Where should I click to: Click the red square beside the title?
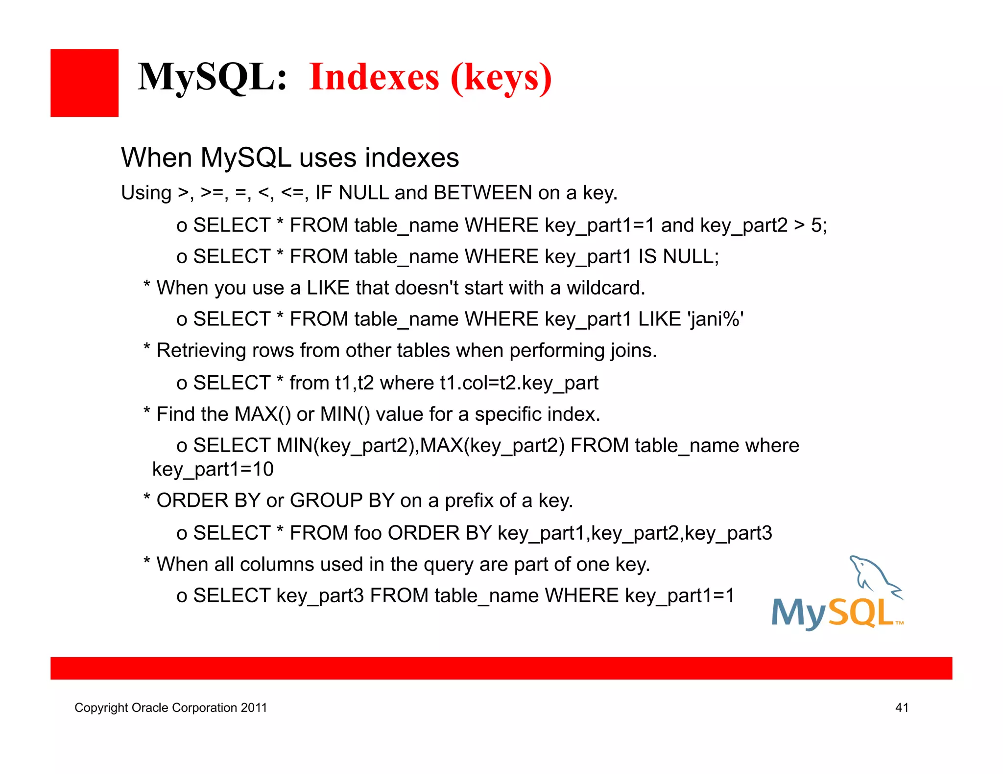click(x=84, y=83)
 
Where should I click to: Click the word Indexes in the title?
click(x=374, y=77)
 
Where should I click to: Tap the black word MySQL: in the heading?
click(x=212, y=77)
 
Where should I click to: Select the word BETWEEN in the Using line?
click(x=482, y=193)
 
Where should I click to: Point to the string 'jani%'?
click(x=716, y=319)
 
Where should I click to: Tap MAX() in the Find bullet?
click(x=263, y=414)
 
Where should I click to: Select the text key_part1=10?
click(x=213, y=469)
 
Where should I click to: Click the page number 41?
click(x=902, y=707)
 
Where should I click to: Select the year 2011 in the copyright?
click(x=254, y=708)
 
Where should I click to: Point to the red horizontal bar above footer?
click(x=501, y=668)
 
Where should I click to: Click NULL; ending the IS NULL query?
click(x=691, y=256)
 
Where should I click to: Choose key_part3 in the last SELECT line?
click(x=320, y=596)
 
